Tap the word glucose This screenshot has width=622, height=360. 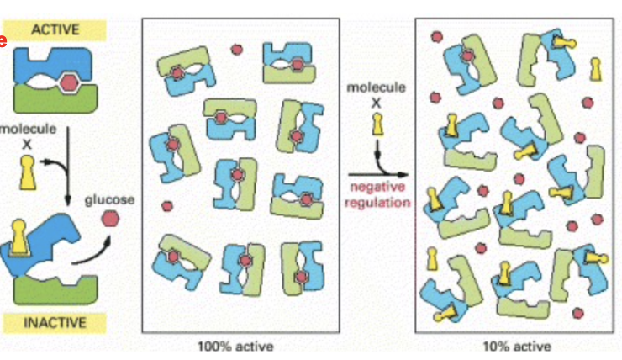coord(109,200)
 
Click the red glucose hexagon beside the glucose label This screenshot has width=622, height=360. coord(110,220)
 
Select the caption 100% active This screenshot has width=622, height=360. coord(235,346)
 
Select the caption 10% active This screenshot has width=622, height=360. coord(518,346)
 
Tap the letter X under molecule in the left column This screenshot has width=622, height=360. coord(27,144)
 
